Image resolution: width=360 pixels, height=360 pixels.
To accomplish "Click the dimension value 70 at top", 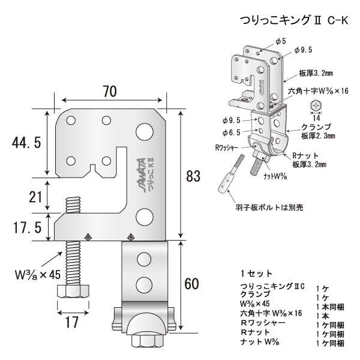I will (109, 92).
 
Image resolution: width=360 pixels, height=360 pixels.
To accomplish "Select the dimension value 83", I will (193, 176).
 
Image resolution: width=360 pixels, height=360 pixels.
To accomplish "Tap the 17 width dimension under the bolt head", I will (71, 322).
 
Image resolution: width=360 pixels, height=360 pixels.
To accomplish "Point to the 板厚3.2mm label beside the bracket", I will (316, 76).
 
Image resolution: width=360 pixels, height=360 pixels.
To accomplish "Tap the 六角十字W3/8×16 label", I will (319, 91).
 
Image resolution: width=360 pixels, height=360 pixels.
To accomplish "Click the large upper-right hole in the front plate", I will (145, 130).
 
